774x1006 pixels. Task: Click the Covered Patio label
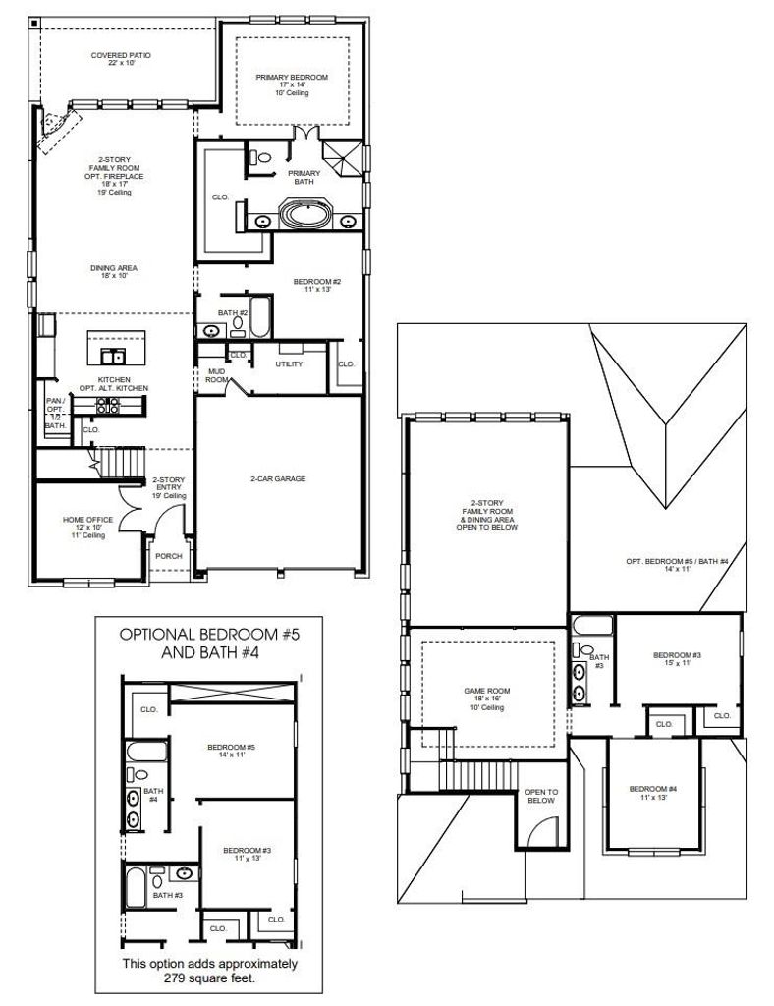click(x=121, y=59)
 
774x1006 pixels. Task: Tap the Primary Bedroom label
click(x=292, y=84)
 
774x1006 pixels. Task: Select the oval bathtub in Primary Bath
click(x=305, y=214)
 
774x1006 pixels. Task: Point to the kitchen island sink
click(x=112, y=356)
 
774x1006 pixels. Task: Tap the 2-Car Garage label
click(x=278, y=478)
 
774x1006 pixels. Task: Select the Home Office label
click(x=87, y=528)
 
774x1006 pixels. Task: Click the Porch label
click(x=169, y=556)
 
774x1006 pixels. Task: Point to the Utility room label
click(x=289, y=363)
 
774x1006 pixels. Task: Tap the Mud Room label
click(x=217, y=375)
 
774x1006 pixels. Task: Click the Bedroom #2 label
click(x=317, y=286)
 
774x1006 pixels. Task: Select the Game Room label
click(x=487, y=699)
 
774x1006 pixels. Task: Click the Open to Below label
click(x=541, y=796)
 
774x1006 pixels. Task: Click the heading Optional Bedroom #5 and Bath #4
click(x=209, y=643)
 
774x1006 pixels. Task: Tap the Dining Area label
click(x=114, y=271)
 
